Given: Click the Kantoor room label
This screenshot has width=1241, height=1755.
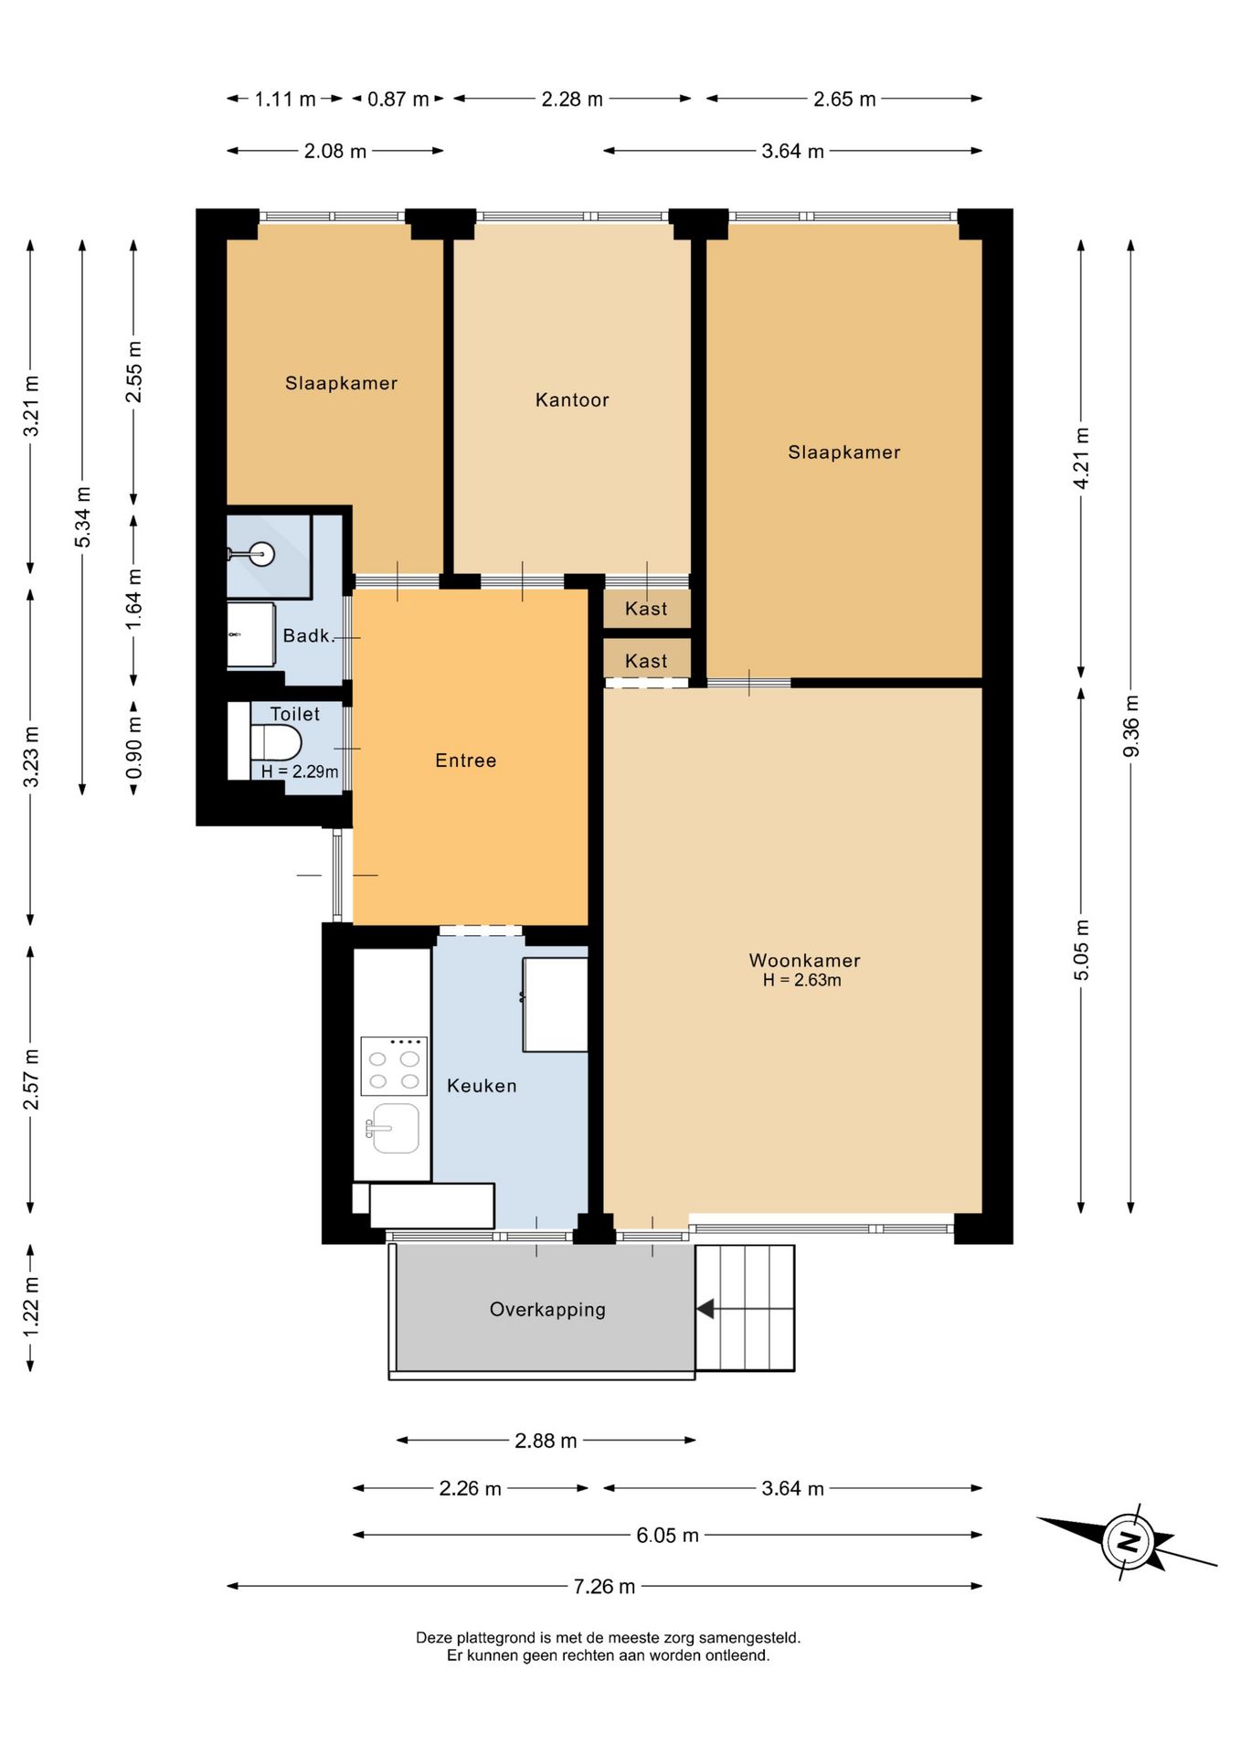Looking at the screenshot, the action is (572, 399).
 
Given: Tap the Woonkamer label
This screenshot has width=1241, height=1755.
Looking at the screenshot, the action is (804, 960).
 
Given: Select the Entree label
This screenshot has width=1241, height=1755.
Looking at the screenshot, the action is (465, 760).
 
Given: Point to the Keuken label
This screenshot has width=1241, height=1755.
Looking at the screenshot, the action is (482, 1085).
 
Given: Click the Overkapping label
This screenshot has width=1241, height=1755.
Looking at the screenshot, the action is (547, 1309).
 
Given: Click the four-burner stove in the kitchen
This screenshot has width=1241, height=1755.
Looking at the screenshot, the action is (394, 1066).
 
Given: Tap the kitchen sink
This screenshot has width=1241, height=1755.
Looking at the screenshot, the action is (394, 1128).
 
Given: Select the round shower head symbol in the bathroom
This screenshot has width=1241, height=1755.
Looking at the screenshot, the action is (262, 554).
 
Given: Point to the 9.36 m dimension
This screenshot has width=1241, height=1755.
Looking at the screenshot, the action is (1131, 726).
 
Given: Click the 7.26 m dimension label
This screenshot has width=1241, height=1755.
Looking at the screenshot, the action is (604, 1586).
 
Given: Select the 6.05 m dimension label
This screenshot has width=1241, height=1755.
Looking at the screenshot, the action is (667, 1535).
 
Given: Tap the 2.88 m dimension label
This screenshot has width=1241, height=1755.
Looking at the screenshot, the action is (546, 1441).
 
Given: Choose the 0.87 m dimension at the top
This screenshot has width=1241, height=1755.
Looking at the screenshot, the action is (398, 99).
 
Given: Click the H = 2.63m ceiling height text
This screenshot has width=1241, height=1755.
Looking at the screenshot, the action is (802, 980).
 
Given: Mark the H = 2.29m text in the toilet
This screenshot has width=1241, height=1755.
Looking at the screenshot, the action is (300, 771).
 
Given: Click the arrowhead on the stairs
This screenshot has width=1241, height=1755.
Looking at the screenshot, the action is (705, 1309).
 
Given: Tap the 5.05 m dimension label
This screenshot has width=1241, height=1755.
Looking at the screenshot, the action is (1081, 951).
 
